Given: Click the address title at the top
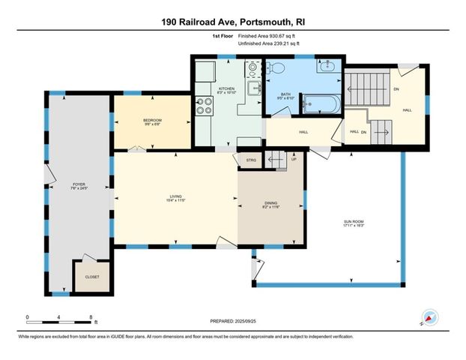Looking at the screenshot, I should click(232, 22).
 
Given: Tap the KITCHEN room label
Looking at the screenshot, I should click(226, 89).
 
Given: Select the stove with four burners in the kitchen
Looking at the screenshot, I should click(203, 106).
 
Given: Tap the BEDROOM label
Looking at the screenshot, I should click(152, 121).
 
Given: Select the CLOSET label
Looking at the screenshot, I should click(91, 276).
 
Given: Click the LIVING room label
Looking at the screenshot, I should click(175, 199).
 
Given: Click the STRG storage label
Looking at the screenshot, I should click(251, 160).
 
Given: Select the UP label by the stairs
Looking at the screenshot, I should click(294, 159).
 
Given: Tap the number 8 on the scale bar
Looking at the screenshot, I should click(91, 317).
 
